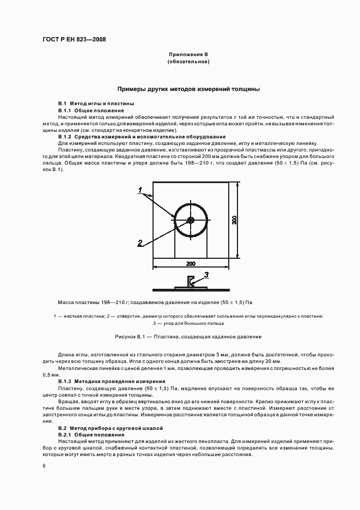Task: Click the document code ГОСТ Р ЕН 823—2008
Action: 74,40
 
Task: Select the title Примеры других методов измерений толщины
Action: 188,88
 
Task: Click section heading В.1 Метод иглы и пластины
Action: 96,104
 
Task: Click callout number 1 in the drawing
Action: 140,190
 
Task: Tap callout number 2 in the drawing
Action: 140,242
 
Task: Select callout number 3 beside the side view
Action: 206,274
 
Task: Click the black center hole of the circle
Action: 190,220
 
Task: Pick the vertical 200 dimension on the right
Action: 234,220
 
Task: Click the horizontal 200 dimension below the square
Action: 191,264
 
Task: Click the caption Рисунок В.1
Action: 188,337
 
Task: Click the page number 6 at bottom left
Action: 44,465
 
